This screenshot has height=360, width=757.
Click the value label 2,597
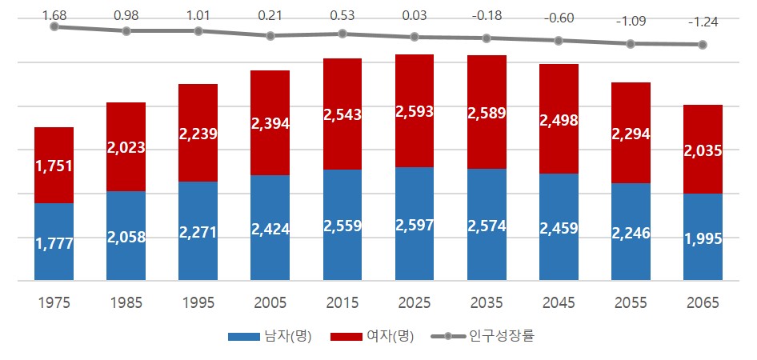click(414, 225)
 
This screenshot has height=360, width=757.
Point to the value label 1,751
click(54, 166)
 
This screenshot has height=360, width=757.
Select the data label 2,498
click(558, 120)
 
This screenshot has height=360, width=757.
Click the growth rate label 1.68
click(54, 15)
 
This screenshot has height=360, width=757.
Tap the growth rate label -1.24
click(702, 22)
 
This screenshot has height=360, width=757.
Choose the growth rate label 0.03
click(414, 15)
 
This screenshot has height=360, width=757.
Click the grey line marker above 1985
click(126, 31)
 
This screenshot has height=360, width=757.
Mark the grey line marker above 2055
click(631, 44)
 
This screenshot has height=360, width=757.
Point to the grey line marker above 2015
click(342, 34)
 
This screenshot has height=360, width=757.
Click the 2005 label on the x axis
click(270, 303)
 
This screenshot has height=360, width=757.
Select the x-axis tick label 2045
click(558, 303)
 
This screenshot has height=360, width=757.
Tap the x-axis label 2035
click(486, 303)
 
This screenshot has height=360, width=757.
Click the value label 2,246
click(630, 233)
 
